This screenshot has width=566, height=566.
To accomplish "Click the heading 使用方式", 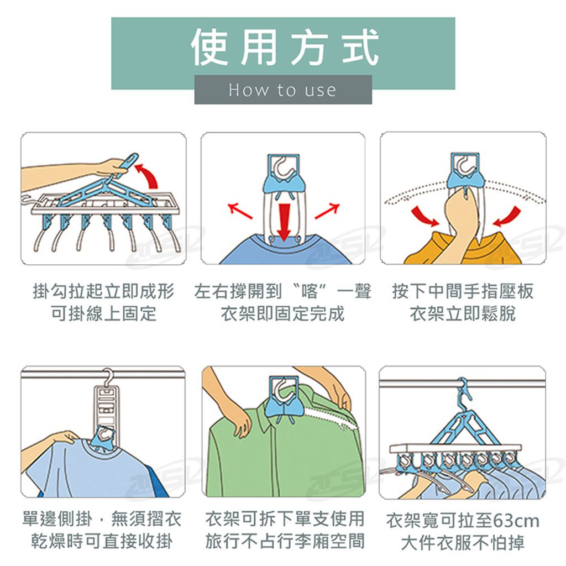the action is (285, 48).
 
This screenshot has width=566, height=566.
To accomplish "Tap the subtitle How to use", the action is (282, 90).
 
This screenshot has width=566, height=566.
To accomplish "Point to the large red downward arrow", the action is (285, 222).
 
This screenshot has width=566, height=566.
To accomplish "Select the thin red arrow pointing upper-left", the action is (240, 211).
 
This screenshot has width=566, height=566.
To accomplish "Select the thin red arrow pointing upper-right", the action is (327, 211).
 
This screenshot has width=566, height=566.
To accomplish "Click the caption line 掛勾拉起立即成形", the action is (103, 291).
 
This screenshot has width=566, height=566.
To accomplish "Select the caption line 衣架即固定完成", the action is (282, 313).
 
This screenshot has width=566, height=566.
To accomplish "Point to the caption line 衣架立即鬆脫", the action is (463, 313).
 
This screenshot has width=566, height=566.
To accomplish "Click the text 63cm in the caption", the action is (516, 521).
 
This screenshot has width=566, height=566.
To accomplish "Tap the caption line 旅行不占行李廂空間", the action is (285, 542).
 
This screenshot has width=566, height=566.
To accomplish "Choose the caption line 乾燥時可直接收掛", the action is (102, 542).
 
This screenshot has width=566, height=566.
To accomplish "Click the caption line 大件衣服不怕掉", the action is (463, 542).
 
